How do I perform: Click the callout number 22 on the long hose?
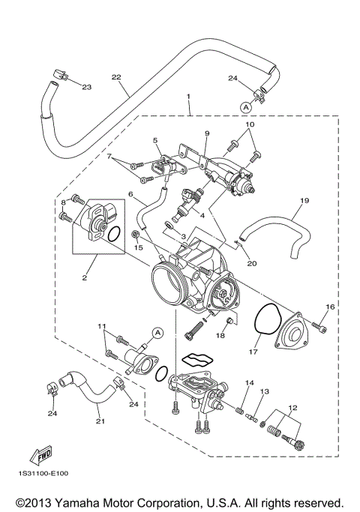(x=115, y=76)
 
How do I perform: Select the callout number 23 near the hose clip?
(x=86, y=88)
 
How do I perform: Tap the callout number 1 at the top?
(x=188, y=97)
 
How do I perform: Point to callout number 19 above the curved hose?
(x=304, y=201)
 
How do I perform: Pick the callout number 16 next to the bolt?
(x=329, y=307)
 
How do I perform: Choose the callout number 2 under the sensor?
(x=84, y=277)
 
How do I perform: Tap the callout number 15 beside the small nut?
(x=137, y=247)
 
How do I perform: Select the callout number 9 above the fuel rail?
(x=206, y=133)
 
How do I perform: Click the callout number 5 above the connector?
(x=154, y=140)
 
